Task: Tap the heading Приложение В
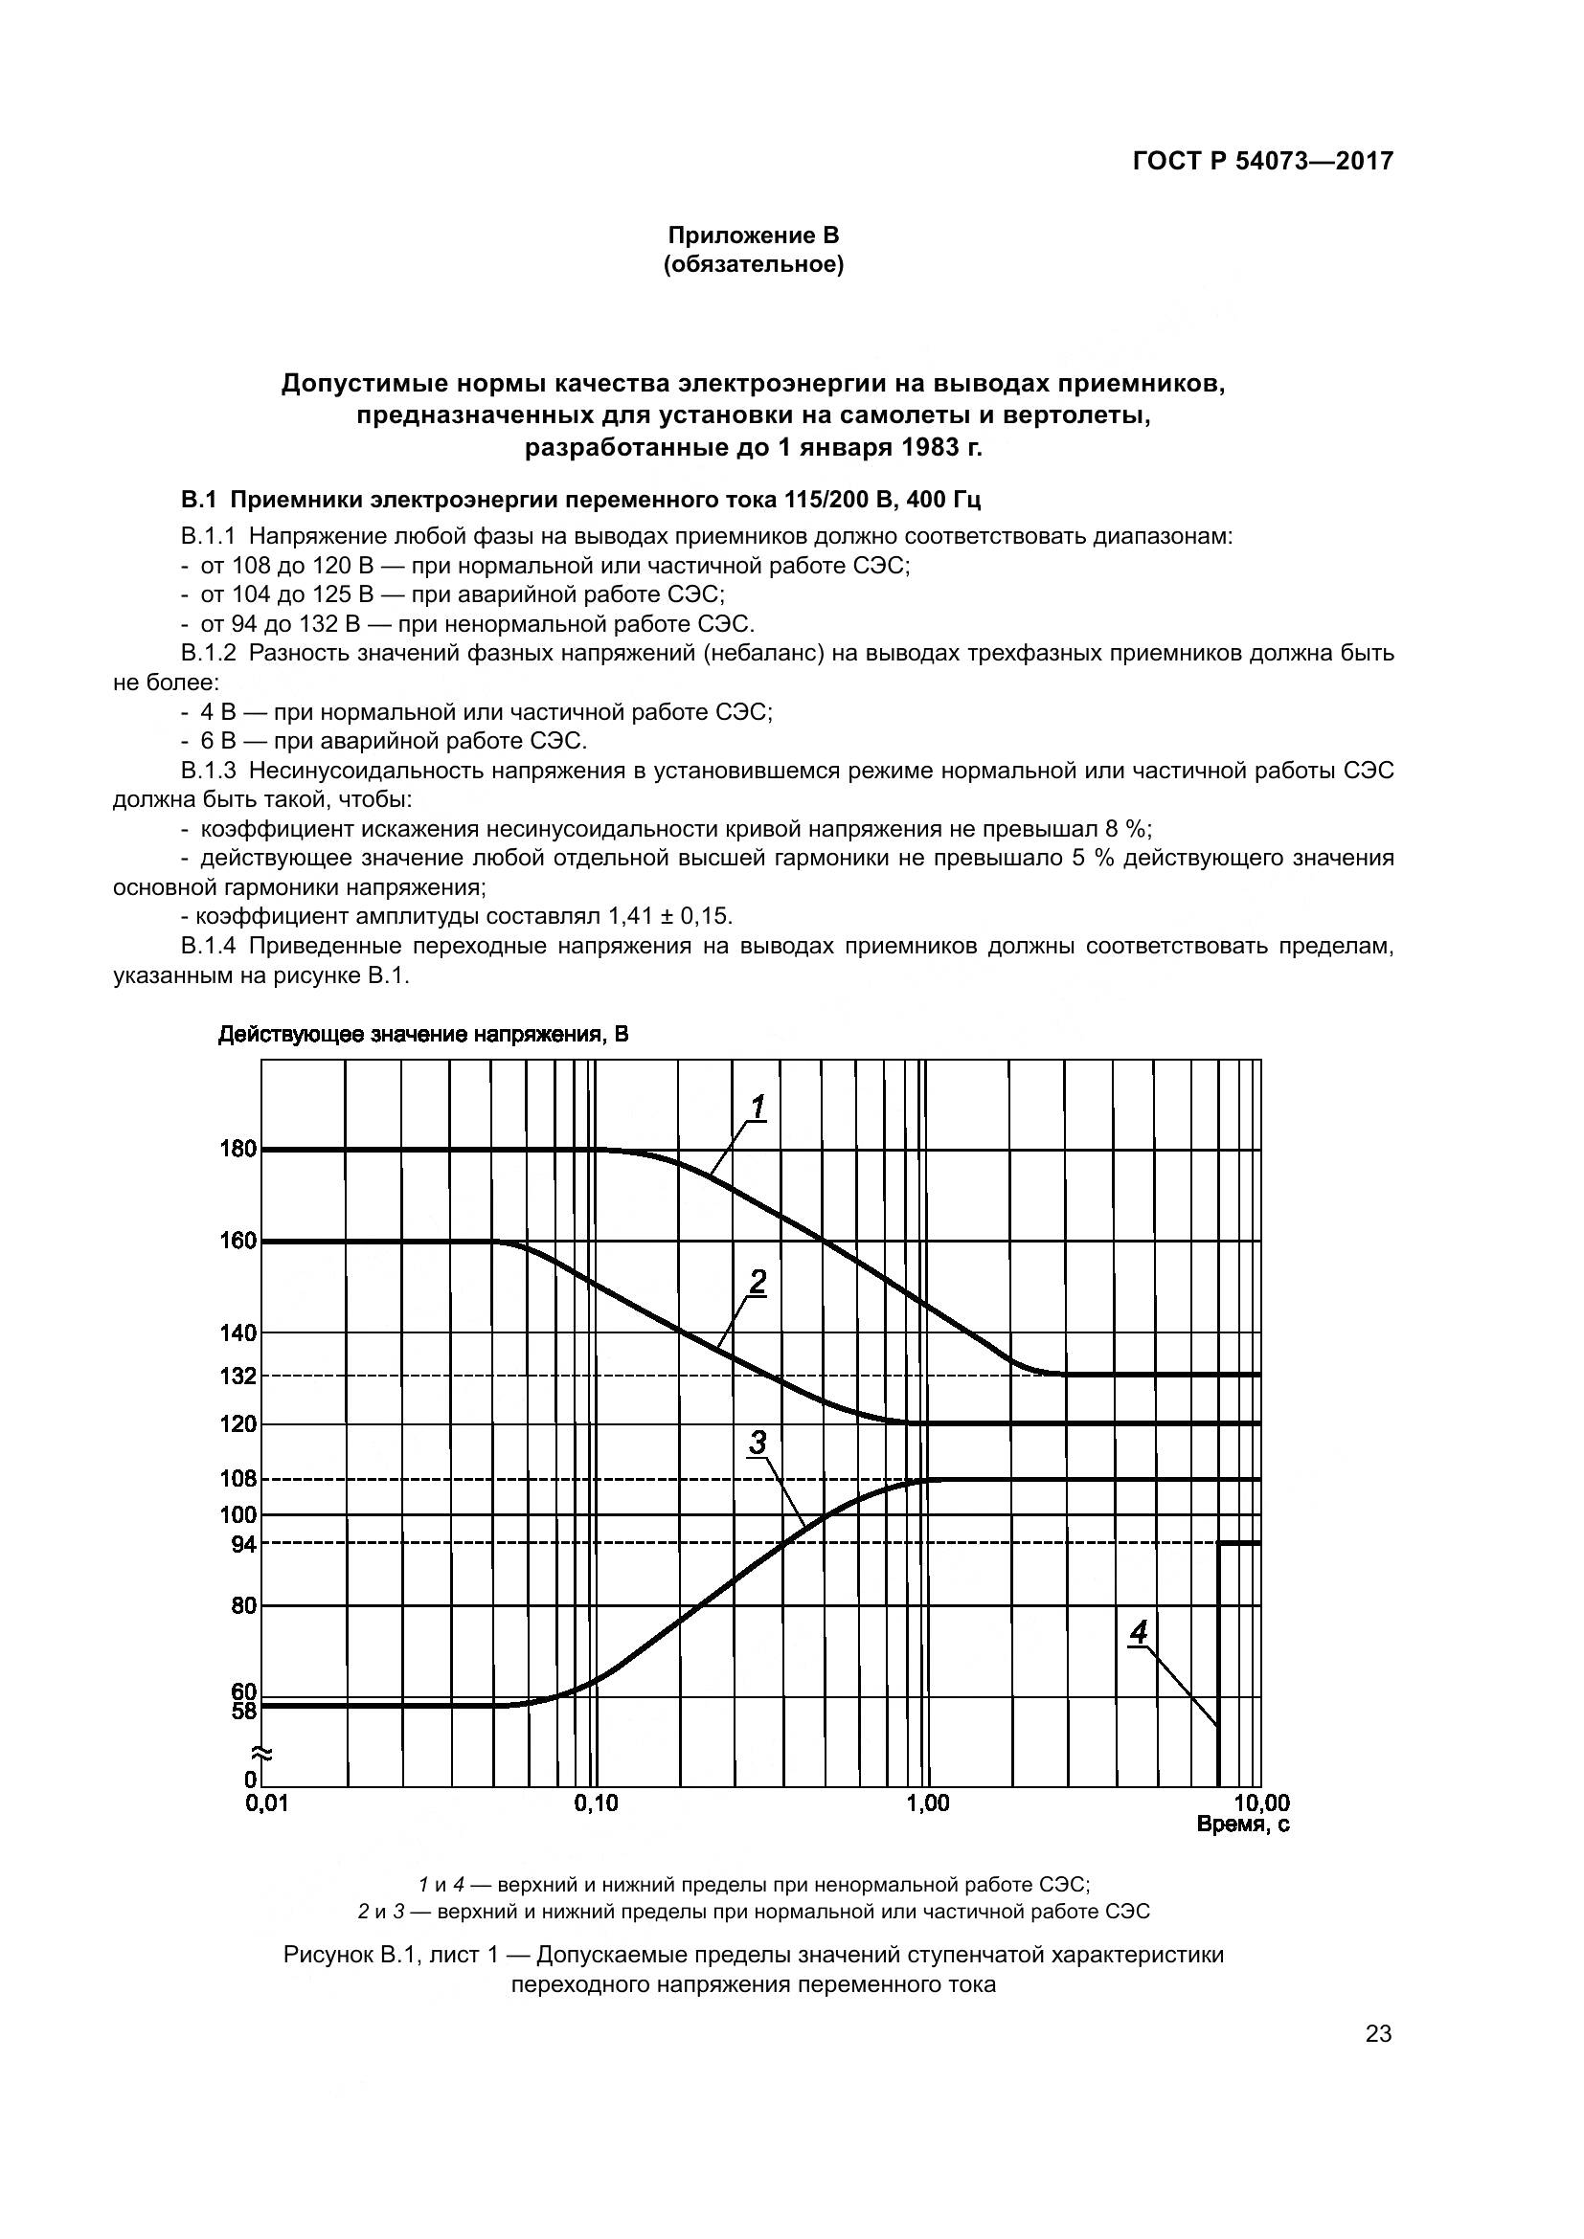tap(753, 235)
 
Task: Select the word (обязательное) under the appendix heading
tap(753, 264)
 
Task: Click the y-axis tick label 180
tap(238, 1150)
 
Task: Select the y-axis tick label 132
tap(238, 1377)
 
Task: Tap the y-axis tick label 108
tap(238, 1479)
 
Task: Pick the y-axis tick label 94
tap(244, 1544)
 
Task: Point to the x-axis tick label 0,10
tap(596, 1804)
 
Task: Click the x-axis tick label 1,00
tap(927, 1804)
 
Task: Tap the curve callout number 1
tap(758, 1107)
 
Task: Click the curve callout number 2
tap(758, 1284)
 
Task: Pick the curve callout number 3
tap(758, 1443)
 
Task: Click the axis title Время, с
tap(1243, 1825)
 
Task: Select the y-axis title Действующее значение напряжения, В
tap(423, 1035)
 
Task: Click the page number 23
tap(1378, 2034)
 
